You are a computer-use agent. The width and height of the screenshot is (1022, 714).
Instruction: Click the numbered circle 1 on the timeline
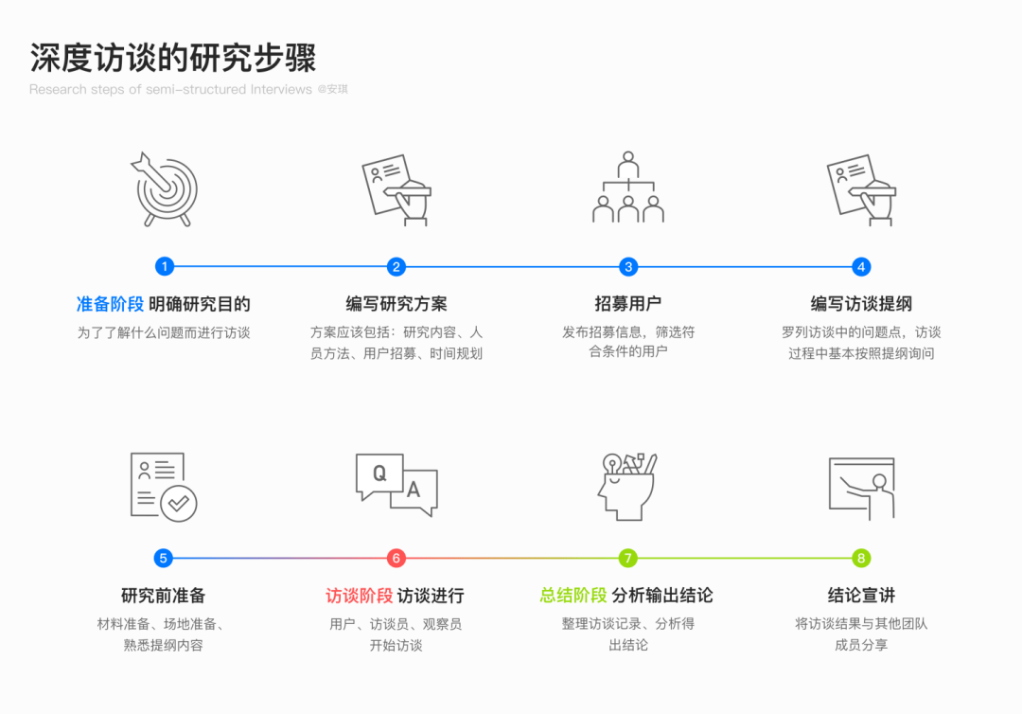coord(164,267)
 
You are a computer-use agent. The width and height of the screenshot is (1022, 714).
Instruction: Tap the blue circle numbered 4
coord(861,267)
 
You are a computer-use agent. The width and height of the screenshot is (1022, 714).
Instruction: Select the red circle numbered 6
coord(396,558)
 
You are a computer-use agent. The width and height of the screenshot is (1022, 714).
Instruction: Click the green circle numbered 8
coord(861,558)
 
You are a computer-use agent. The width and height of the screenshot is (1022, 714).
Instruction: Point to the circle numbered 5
coord(164,558)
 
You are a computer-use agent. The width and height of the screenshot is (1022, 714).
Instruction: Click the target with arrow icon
coord(164,188)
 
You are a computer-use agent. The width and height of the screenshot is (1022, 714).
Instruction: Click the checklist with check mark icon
coord(164,486)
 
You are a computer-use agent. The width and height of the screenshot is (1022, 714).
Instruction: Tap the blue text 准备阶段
coord(110,304)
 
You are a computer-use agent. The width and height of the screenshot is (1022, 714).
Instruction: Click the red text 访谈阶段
coord(359,596)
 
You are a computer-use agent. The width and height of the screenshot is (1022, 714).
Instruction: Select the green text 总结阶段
coord(573,596)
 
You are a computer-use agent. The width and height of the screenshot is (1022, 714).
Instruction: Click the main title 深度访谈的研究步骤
coord(172,58)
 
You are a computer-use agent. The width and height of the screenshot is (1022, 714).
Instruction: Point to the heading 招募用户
coord(628,304)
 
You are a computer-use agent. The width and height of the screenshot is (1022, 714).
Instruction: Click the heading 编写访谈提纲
coord(861,304)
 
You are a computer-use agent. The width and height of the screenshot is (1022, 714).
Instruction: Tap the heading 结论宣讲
coord(861,596)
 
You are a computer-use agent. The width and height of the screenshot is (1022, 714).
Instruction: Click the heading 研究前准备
coord(164,596)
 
